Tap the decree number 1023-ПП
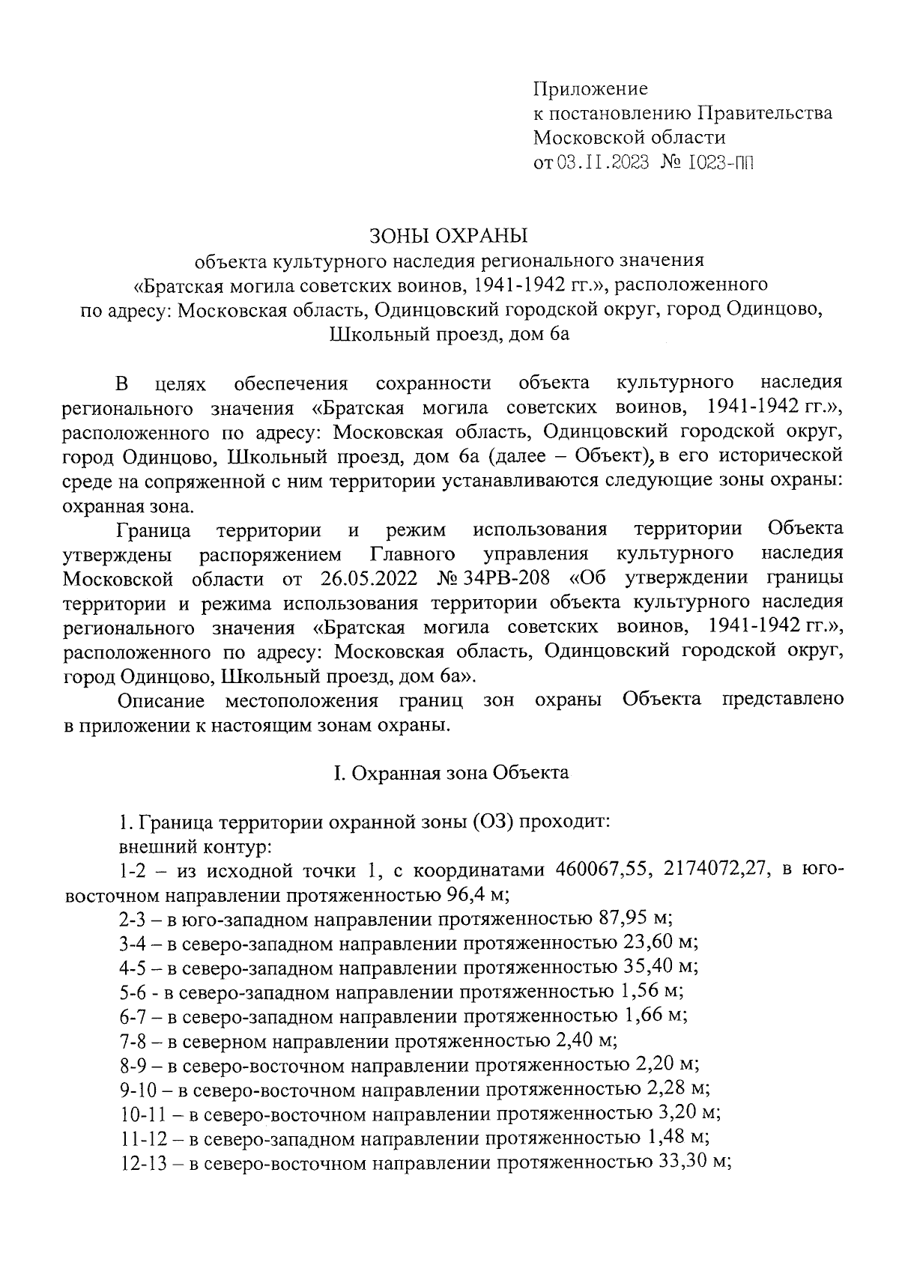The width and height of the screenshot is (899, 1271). point(719,163)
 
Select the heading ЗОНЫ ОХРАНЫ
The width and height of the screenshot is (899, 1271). point(449,236)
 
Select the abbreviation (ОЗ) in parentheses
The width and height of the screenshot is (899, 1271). point(491,822)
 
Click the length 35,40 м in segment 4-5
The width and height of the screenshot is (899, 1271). point(662,967)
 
